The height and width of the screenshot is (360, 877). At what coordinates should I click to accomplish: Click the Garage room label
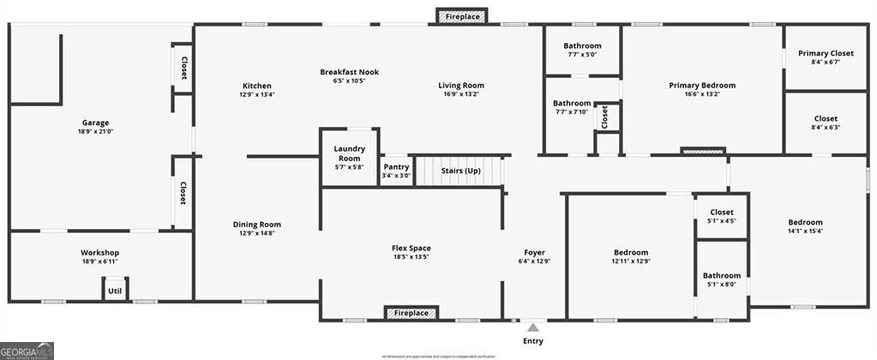[96, 123]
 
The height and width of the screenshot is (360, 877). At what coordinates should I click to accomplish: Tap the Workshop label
[99, 252]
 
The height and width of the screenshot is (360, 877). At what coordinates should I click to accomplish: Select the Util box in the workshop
[114, 291]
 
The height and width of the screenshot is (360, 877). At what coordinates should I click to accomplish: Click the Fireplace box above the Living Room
[462, 16]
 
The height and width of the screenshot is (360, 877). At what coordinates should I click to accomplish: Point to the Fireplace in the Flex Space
[411, 313]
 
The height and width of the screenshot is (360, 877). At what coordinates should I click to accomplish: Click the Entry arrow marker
[532, 327]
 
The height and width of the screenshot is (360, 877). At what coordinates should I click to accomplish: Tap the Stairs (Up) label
[460, 171]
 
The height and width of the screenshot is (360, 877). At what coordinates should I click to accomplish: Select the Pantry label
[396, 167]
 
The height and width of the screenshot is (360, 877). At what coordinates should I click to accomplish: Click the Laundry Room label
[349, 153]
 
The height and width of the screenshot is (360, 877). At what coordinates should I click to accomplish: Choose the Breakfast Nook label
[349, 72]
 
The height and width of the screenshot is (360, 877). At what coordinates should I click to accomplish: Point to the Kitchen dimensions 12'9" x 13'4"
[257, 95]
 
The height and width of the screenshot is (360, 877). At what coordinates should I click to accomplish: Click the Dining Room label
[256, 225]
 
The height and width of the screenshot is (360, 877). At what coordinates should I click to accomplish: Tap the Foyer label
[535, 252]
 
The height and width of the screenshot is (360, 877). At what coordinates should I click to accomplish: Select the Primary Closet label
[826, 53]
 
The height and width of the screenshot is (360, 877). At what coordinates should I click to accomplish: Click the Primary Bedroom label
[702, 85]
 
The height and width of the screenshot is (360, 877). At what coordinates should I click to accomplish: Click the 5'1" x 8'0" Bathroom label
[722, 276]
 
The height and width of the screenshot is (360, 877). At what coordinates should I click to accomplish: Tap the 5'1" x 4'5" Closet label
[722, 212]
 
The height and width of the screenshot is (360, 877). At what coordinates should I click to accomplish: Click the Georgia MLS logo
[27, 351]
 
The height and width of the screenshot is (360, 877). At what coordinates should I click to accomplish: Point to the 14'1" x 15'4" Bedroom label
[805, 222]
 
